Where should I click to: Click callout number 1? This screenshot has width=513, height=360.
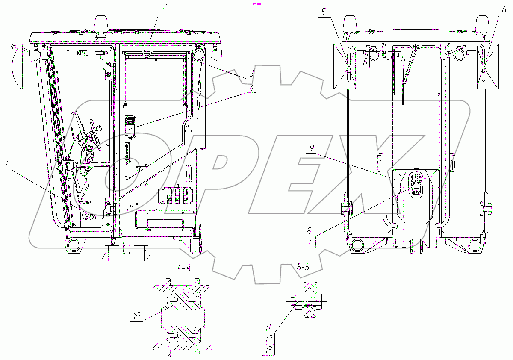(x=7, y=165)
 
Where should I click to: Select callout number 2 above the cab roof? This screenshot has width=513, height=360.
(x=165, y=6)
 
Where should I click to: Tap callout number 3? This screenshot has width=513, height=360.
(x=251, y=74)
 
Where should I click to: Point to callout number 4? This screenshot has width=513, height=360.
(x=252, y=87)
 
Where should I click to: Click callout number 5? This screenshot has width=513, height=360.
(x=323, y=12)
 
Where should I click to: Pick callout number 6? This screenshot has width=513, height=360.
(x=504, y=9)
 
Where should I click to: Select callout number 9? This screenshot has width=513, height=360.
(x=312, y=148)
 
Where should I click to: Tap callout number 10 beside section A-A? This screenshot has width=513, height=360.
(x=137, y=316)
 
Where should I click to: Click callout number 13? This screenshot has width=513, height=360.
(x=269, y=350)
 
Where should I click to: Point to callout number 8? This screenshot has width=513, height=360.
(x=309, y=231)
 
